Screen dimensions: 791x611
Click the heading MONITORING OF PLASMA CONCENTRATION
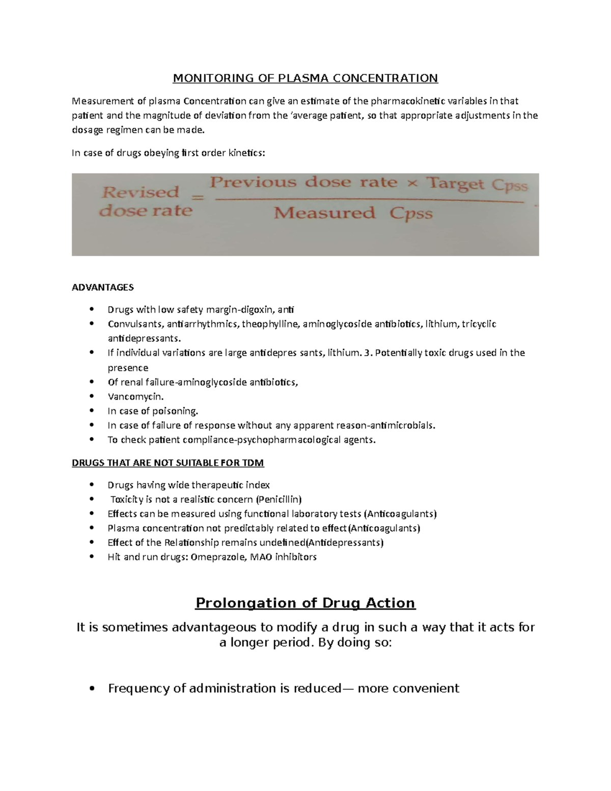tap(305, 78)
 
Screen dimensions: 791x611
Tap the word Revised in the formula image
tap(141, 192)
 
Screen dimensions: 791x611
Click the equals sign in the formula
tap(198, 198)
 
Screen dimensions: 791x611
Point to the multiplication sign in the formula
tap(412, 182)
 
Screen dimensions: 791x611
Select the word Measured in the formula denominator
tap(324, 213)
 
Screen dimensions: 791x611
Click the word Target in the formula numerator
tap(455, 183)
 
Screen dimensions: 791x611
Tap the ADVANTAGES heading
tap(103, 287)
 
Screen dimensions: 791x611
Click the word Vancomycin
tap(135, 396)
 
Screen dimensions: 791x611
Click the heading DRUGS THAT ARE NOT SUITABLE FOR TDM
tap(168, 463)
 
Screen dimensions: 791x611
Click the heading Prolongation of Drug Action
tap(305, 603)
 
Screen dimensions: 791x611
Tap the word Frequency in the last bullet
tap(139, 688)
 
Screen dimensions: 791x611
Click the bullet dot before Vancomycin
tap(92, 396)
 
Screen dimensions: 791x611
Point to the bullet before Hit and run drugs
tap(92, 557)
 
